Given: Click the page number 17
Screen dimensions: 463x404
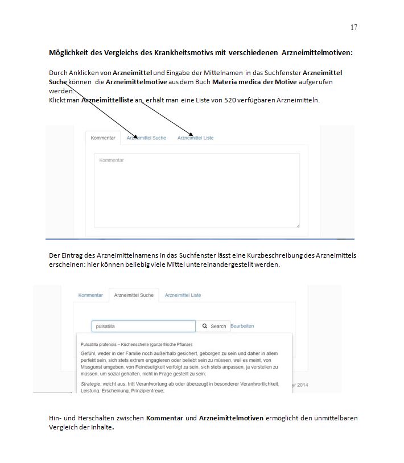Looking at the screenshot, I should click(353, 27).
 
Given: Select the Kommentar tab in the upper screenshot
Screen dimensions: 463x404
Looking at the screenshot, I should click(103, 138).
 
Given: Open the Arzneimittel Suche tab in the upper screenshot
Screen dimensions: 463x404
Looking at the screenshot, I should click(146, 138).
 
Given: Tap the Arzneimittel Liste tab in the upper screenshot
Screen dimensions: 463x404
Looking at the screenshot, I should click(195, 138).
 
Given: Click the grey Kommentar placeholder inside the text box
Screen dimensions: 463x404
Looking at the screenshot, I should click(112, 160).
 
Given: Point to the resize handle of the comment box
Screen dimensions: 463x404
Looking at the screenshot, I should click(297, 225).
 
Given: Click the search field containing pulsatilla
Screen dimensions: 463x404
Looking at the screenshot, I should click(143, 326).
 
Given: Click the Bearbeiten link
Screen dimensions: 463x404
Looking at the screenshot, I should click(242, 326).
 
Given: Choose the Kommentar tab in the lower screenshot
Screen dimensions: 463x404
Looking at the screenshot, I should click(90, 295).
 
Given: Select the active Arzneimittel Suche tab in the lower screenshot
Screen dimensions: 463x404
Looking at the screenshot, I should click(134, 295).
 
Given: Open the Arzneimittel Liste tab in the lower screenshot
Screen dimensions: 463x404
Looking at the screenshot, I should click(183, 295).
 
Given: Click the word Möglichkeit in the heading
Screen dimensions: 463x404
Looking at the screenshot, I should click(68, 53).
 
